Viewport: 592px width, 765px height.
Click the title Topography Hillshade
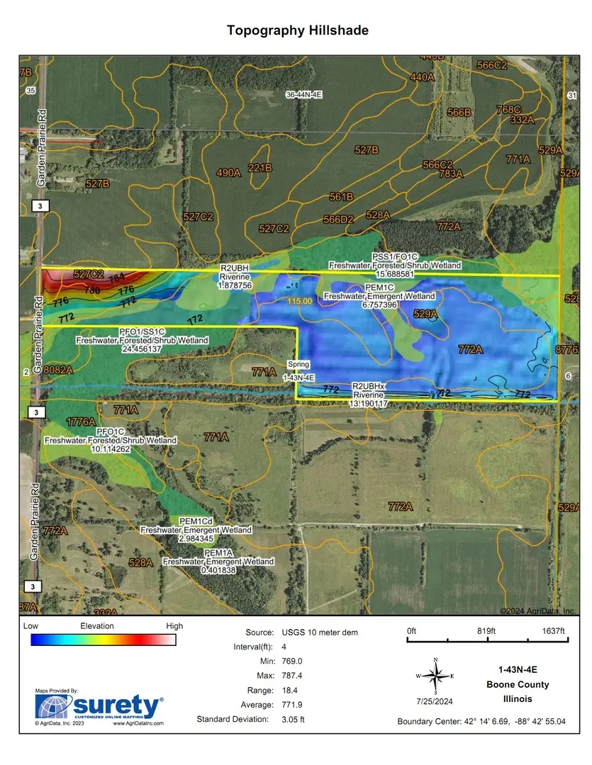point(297,30)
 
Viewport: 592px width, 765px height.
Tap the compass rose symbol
point(436,676)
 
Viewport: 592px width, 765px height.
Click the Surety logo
point(100,707)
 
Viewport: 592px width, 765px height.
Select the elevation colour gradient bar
point(103,640)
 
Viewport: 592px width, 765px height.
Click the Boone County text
point(517,684)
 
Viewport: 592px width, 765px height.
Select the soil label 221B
point(260,168)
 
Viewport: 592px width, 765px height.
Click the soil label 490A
point(228,173)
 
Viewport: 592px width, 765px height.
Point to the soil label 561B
point(341,196)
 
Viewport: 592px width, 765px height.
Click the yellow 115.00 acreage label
point(299,302)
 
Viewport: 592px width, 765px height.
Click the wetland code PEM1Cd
point(196,521)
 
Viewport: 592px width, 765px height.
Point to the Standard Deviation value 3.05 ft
point(290,719)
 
